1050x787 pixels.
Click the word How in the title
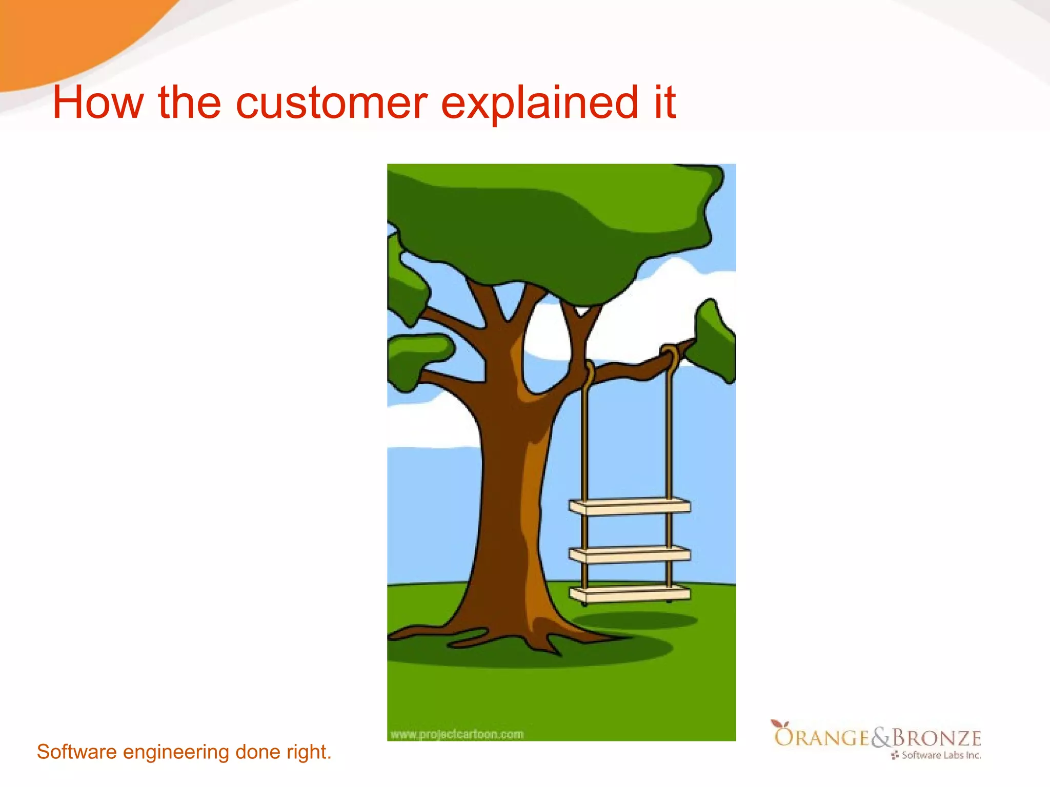97,102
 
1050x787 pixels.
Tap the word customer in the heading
331,102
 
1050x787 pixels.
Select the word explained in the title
539,102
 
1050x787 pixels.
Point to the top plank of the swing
630,506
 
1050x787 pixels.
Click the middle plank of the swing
630,554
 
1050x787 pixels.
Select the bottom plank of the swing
630,594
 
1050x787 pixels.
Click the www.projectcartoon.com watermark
457,734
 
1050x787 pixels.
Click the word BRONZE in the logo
937,738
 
